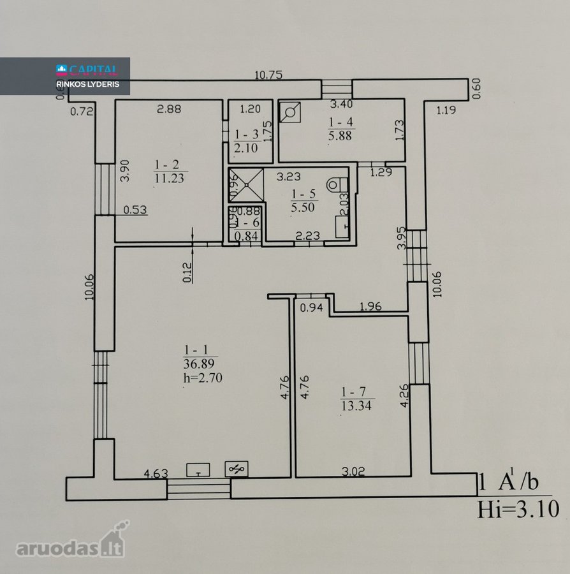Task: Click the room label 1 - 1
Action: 196,350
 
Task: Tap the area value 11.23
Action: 169,179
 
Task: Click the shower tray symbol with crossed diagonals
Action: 246,185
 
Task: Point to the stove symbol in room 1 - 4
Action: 290,112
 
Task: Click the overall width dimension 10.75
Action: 268,75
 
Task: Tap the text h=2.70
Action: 203,378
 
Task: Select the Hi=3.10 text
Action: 518,509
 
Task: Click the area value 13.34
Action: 356,406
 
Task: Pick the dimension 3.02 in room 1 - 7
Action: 353,471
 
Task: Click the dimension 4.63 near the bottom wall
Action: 156,474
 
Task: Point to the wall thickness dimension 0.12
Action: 187,273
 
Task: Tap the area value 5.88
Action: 340,136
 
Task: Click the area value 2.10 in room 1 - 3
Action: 246,148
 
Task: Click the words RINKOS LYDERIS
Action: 88,84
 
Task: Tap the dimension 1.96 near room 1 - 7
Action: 370,306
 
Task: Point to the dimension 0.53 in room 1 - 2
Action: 135,210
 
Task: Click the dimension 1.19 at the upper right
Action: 446,110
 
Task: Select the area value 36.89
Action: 199,364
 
